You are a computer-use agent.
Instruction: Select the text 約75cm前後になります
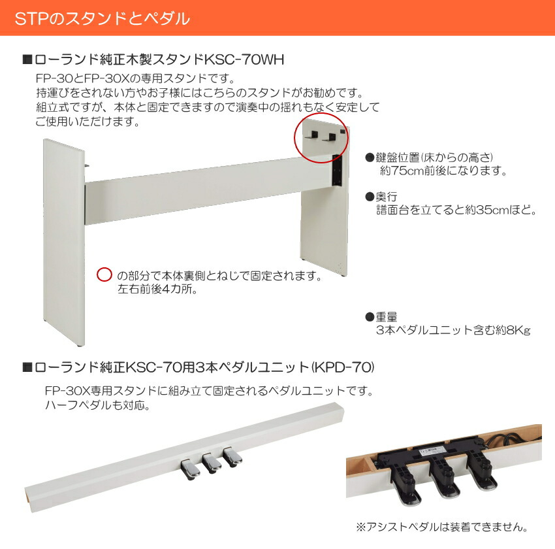pos(443,171)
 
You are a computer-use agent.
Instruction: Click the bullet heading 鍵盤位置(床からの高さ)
pos(433,158)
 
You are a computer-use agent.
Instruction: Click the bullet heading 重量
pos(386,317)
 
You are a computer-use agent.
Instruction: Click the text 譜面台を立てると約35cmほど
pos(456,210)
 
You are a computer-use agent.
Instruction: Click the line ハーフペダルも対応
pos(98,405)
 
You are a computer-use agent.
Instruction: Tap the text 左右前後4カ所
pos(159,288)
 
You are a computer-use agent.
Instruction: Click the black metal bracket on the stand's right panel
pos(337,169)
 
